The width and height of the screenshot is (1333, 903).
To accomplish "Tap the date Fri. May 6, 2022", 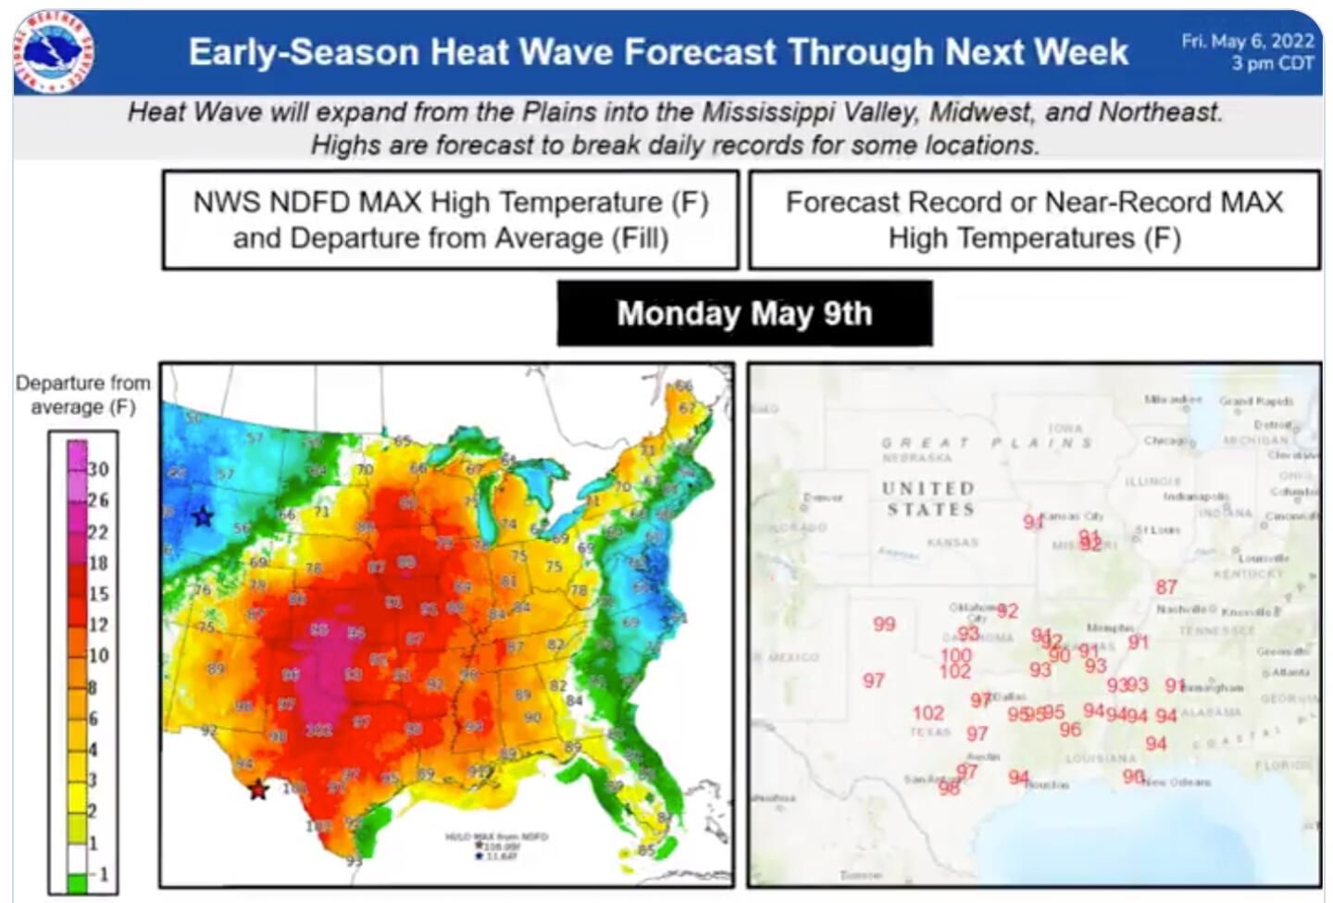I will pos(1248,41).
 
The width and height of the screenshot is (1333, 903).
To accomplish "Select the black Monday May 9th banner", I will pos(744,313).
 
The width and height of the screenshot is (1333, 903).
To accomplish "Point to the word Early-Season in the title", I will pos(303,52).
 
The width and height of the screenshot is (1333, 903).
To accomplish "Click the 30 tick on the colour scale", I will pos(97,469).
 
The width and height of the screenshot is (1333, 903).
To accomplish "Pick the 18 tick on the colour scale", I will pos(97,562).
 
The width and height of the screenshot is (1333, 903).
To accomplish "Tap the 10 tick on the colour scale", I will pos(97,655).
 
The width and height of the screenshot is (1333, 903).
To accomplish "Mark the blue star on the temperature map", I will pos(202,517).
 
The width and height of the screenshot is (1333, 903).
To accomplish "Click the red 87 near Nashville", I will pos(1166,586).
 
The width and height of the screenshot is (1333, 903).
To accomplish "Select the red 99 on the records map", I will pos(884,624).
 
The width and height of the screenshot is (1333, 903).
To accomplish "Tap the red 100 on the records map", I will pos(956,655).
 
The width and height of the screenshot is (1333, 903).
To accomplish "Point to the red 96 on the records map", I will pos(1070,730).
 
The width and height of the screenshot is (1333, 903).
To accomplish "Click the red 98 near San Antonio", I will pos(949,788).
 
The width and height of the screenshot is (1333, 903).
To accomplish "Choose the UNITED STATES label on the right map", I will pos(928,498).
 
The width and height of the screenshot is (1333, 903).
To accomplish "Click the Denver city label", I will pos(823,497).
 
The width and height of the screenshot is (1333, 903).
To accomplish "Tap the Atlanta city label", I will pos(1291,672).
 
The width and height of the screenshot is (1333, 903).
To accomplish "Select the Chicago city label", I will pos(1163,441).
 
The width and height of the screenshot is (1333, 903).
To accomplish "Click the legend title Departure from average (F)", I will pos(82,395).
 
